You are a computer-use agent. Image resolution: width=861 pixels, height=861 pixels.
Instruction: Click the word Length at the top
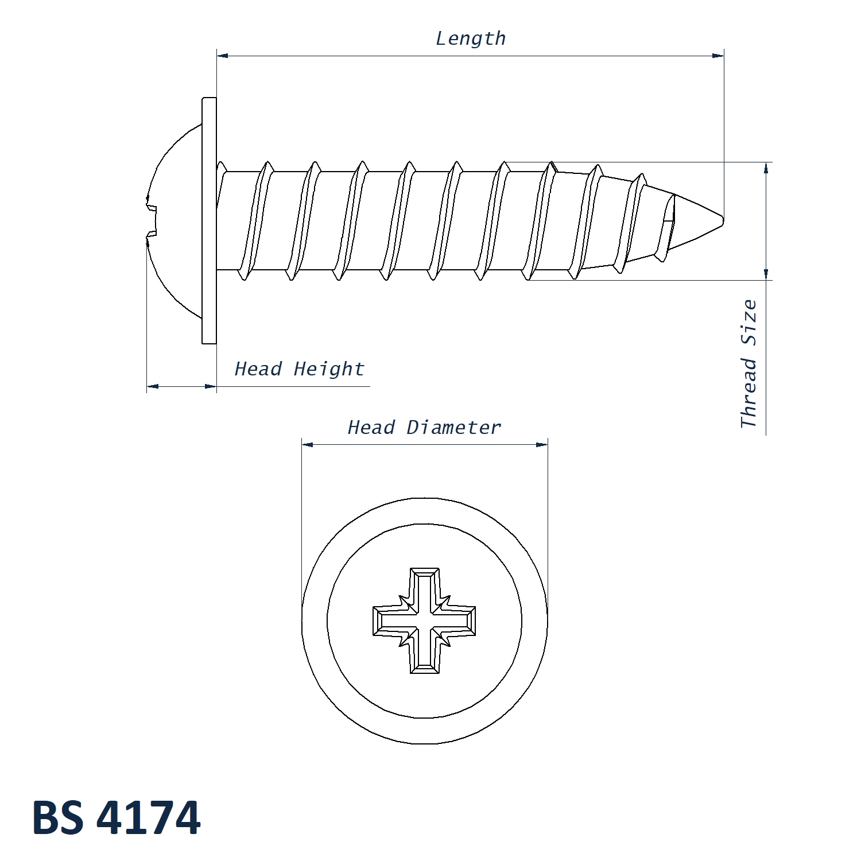click(x=471, y=38)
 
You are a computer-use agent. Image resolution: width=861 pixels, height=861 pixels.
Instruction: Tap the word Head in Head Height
click(x=258, y=369)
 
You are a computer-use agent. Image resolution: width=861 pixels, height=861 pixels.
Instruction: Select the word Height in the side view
click(x=329, y=369)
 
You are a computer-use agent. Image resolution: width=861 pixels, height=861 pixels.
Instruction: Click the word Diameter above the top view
click(x=453, y=427)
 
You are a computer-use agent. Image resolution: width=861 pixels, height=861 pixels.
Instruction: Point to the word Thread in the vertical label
click(x=748, y=393)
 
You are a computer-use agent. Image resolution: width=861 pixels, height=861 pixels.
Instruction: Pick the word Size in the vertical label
click(x=748, y=323)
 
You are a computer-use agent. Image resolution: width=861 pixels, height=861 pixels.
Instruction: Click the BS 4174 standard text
click(x=117, y=817)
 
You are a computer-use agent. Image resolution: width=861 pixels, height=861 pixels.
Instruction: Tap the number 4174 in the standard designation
click(x=149, y=817)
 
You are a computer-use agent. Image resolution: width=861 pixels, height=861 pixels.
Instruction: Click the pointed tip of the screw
click(x=723, y=219)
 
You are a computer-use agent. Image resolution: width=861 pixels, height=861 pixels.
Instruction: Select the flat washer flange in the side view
click(x=209, y=220)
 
